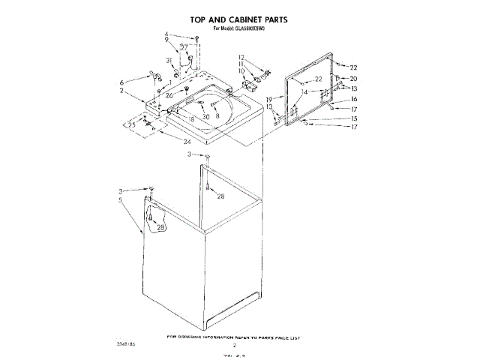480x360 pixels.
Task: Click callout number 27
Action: (184, 48)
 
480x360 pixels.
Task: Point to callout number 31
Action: (169, 61)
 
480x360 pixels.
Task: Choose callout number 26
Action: (169, 95)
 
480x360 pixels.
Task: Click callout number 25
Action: (133, 124)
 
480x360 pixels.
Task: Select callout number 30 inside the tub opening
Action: (205, 117)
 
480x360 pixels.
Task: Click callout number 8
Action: (217, 115)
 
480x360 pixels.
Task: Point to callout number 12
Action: (242, 57)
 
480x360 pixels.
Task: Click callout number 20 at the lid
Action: (354, 78)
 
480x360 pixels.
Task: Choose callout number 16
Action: (354, 99)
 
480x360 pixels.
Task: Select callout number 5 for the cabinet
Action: (120, 202)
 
